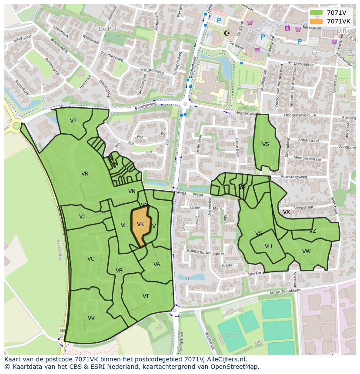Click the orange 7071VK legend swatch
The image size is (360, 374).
[x=317, y=21]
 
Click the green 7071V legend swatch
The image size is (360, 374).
[x=317, y=13]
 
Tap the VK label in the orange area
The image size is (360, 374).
[x=140, y=224]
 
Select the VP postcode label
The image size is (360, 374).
[x=73, y=121]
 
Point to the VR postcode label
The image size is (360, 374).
[x=85, y=174]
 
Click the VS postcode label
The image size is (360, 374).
[x=265, y=144]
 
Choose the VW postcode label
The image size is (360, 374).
[x=307, y=252]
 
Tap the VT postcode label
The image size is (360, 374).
[x=146, y=296]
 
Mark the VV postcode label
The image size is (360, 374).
[x=91, y=318]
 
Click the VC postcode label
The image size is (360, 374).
[x=90, y=259]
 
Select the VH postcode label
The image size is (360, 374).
[x=268, y=246]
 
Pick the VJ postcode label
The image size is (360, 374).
[x=82, y=217]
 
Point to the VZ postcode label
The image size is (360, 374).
[x=312, y=231]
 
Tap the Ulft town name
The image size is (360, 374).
[x=341, y=30]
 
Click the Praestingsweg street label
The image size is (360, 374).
[x=294, y=177]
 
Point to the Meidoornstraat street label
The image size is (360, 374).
[x=307, y=159]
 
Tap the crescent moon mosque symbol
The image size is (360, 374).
[x=226, y=33]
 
